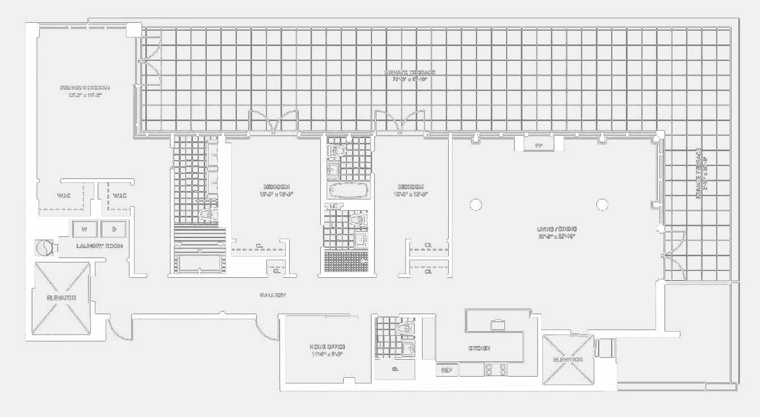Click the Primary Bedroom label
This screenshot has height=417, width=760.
point(85,88)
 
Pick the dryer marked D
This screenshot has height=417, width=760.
point(114,229)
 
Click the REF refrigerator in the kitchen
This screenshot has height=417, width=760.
point(447,370)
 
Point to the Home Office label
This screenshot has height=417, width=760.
point(327,347)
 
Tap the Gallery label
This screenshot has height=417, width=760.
point(273,295)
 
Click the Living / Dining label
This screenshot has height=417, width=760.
point(557,229)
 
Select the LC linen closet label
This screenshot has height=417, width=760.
point(333,206)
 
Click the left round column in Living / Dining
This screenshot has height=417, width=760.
point(476,205)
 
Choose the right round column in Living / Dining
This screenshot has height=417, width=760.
point(602,205)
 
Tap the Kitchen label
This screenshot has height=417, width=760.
point(479,348)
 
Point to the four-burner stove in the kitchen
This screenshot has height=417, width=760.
point(495,370)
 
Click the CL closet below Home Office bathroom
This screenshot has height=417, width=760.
point(395,369)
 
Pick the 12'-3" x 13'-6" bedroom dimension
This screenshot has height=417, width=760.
point(276,194)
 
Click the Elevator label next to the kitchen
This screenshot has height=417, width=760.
point(568,360)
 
